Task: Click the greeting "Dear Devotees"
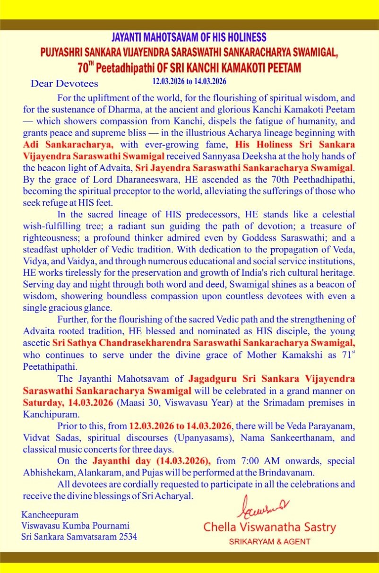tap(64, 84)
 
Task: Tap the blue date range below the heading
tap(189, 81)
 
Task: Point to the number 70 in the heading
tap(83, 68)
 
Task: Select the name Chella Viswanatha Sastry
tap(269, 527)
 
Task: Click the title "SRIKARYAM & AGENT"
tap(269, 542)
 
